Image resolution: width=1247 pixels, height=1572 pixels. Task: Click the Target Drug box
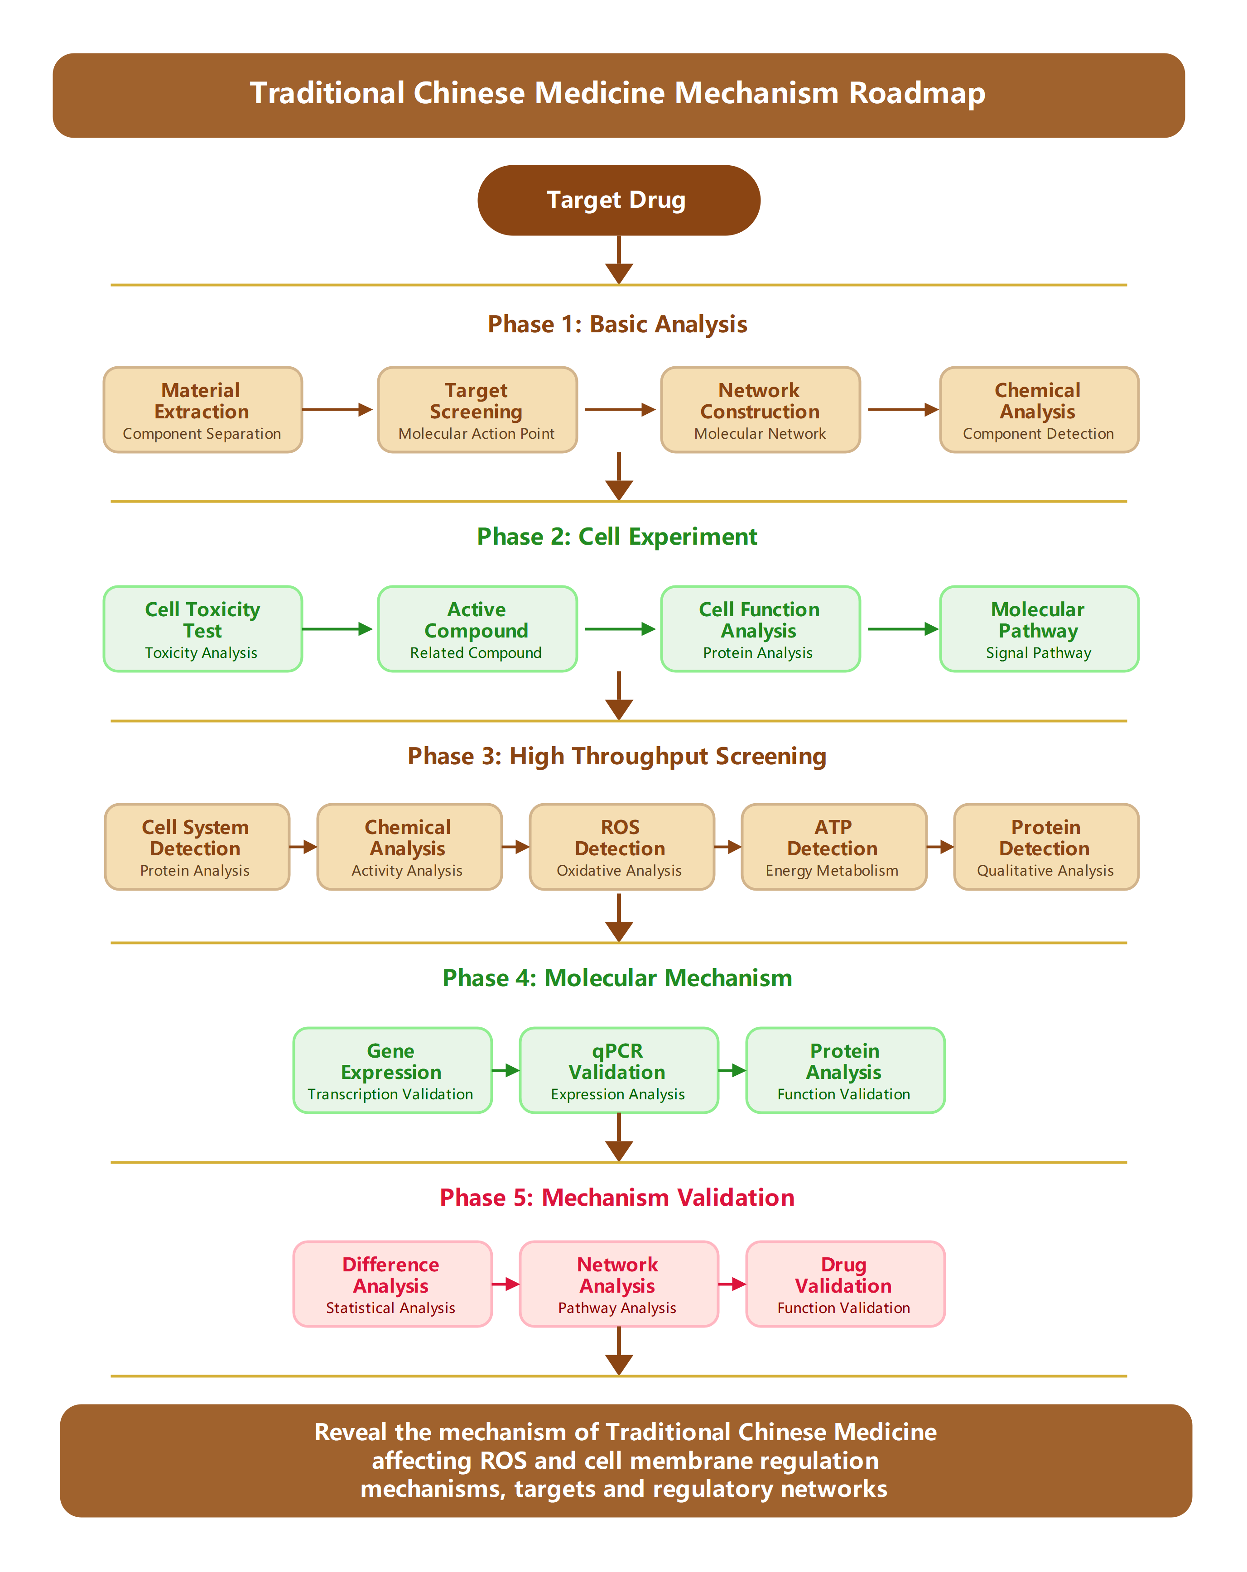tap(618, 200)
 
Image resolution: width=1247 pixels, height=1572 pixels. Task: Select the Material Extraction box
tap(202, 410)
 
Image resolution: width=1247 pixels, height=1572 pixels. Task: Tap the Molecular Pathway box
tap(1039, 628)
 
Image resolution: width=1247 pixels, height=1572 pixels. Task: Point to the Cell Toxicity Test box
tap(202, 628)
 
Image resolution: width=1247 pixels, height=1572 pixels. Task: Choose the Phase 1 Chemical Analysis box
tap(1039, 410)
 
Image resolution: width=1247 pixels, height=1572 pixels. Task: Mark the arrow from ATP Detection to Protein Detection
tap(940, 847)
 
